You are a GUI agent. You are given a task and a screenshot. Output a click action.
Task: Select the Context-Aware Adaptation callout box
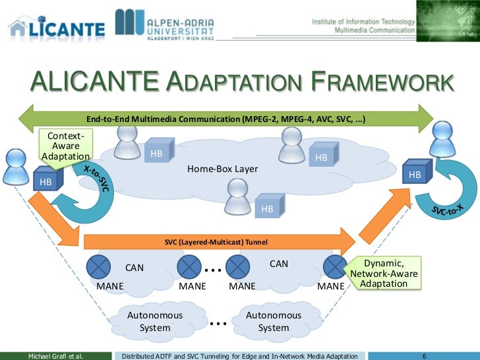coord(65,146)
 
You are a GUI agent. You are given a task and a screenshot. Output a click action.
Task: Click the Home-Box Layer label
coord(222,169)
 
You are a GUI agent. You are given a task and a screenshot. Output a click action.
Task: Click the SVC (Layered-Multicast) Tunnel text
coord(216,242)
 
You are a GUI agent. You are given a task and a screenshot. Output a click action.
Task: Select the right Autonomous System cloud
coord(273,321)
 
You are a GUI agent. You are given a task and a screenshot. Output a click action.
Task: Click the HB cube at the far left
coord(47,179)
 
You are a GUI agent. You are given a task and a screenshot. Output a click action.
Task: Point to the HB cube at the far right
coord(416,173)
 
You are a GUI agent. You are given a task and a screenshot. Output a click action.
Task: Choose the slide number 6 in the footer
coord(424,355)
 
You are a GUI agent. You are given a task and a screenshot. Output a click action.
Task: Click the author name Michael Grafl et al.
coord(55,355)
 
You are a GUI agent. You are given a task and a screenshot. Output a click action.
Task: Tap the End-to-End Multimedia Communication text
coord(226,119)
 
